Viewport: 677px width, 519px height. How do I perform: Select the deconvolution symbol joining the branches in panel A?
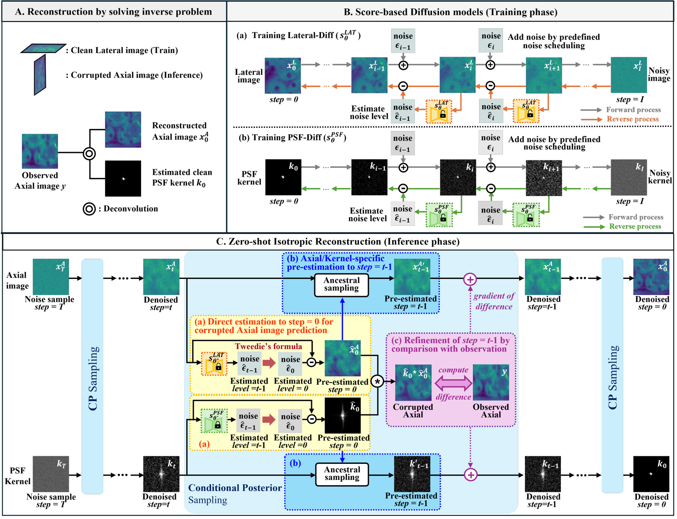tap(89, 154)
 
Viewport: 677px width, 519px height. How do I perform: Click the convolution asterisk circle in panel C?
tap(377, 381)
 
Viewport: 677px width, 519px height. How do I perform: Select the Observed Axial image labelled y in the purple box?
tap(491, 382)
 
